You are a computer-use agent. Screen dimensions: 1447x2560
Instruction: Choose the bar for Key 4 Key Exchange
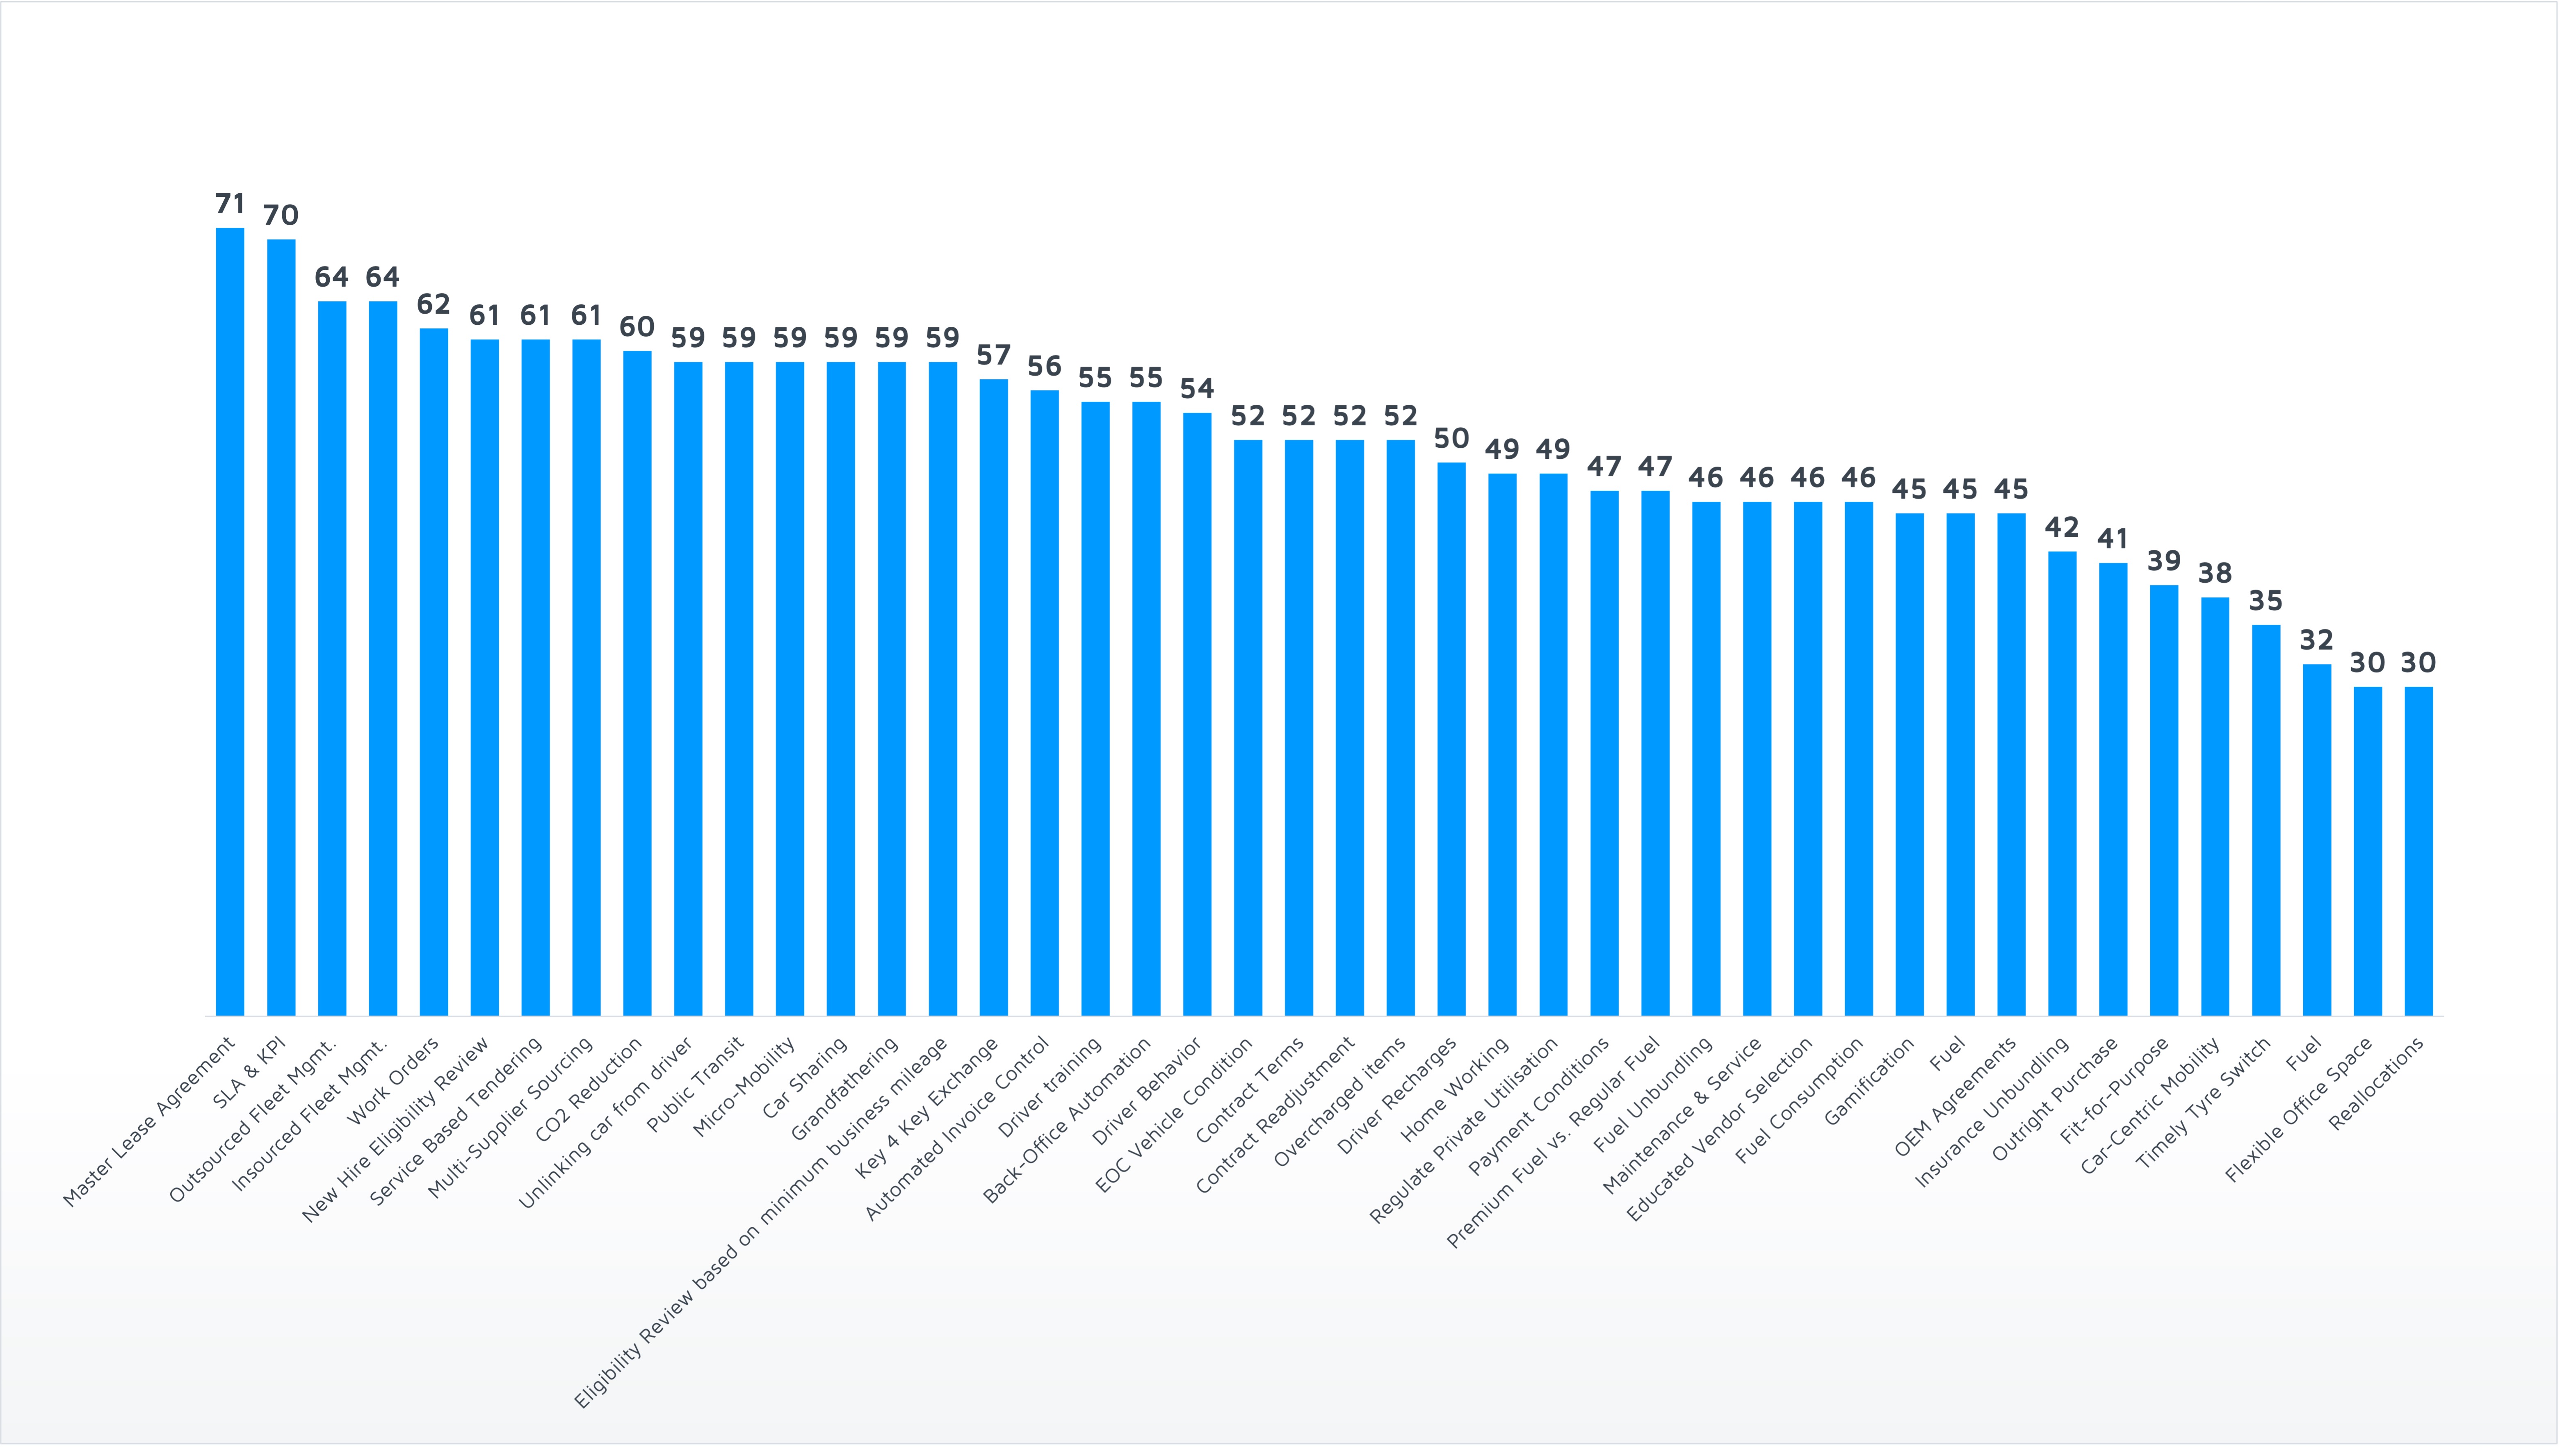pyautogui.click(x=994, y=696)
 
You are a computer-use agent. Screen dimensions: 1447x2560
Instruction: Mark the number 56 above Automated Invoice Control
pyautogui.click(x=1045, y=366)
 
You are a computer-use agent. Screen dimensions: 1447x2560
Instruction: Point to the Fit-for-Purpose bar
pyautogui.click(x=2163, y=800)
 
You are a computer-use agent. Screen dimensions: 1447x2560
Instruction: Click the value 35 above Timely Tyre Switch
pyautogui.click(x=2266, y=600)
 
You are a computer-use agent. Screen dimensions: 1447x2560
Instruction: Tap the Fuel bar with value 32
pyautogui.click(x=2316, y=840)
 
